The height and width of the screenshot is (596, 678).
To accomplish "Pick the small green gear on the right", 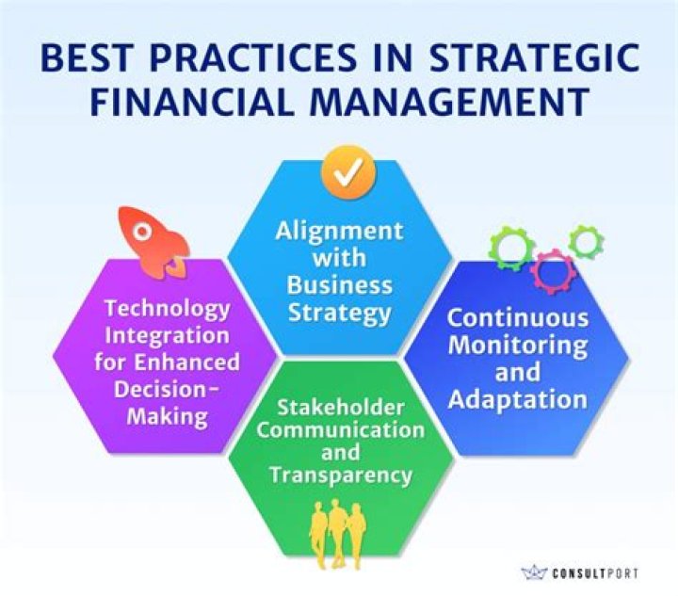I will [587, 242].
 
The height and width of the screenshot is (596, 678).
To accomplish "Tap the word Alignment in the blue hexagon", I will [339, 232].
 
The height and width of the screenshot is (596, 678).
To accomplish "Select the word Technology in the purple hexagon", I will [168, 309].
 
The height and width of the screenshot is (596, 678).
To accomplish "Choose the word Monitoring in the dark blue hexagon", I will [517, 345].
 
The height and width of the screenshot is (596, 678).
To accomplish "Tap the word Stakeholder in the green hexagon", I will [340, 407].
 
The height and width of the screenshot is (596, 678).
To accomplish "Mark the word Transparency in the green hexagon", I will [340, 475].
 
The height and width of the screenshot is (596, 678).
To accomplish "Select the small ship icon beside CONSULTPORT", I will [534, 572].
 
